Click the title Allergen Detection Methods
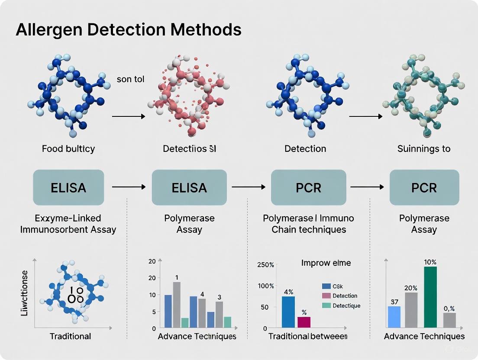(128, 30)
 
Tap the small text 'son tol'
(130, 80)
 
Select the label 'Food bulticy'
(68, 148)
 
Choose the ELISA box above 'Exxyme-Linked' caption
(68, 187)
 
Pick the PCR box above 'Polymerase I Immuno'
(309, 187)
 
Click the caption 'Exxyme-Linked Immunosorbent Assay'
(68, 224)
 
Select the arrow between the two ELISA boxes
(129, 187)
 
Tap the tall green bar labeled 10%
(430, 297)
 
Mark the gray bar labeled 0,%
(449, 320)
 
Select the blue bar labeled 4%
(288, 312)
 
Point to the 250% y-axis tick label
(266, 265)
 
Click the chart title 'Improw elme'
(326, 263)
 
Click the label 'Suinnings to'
(424, 148)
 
